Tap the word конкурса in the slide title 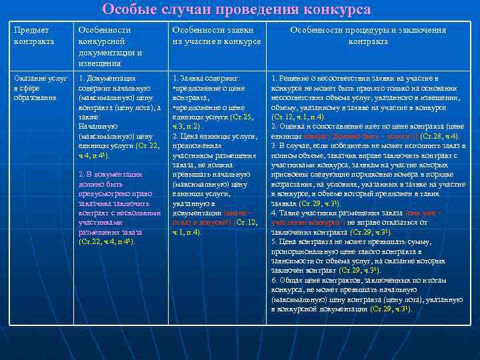(337, 10)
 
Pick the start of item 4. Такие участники (293, 213)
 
